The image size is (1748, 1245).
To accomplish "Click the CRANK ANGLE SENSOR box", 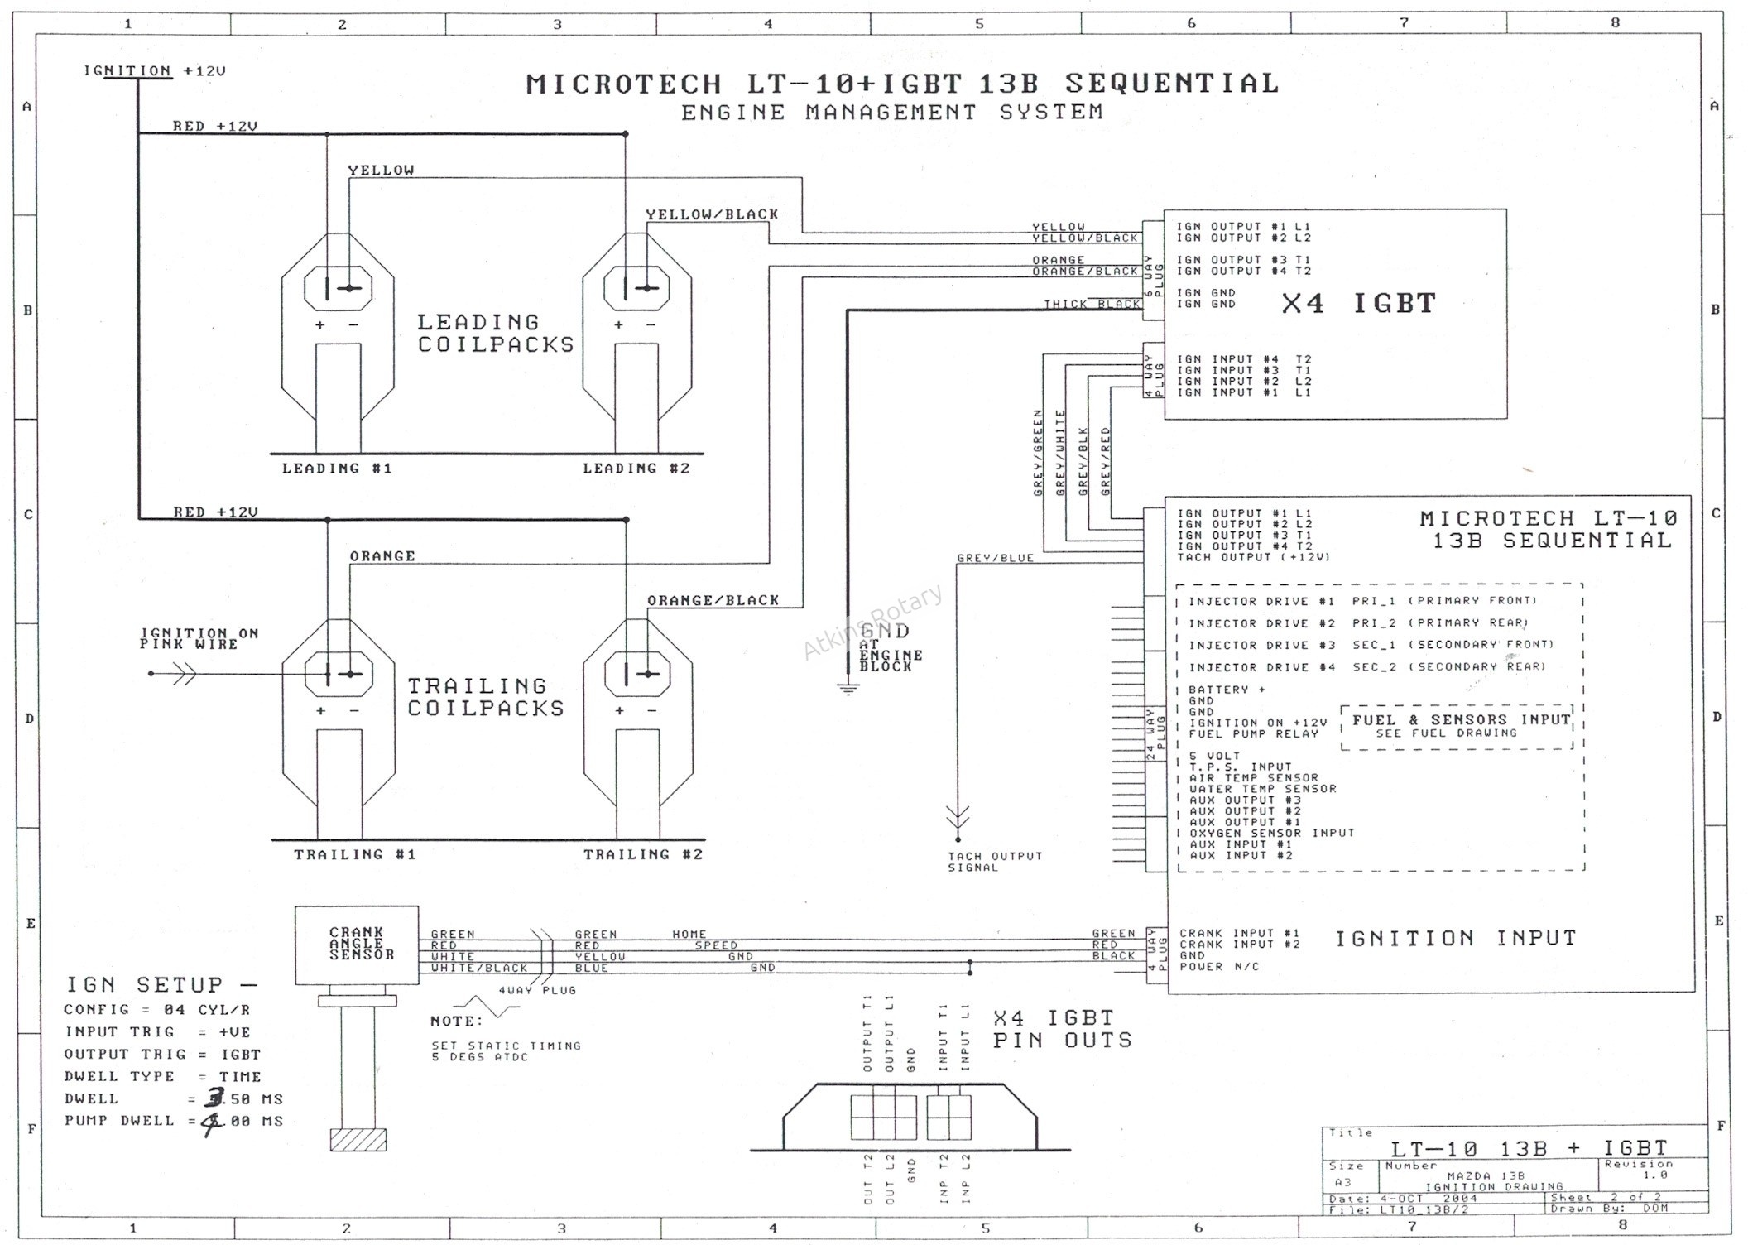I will tap(357, 945).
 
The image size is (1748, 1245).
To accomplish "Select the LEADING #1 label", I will tap(337, 469).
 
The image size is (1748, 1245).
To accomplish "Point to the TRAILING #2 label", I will tap(643, 854).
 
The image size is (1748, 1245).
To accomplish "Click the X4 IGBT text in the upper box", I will tap(1358, 304).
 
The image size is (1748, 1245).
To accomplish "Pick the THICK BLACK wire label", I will tap(1092, 305).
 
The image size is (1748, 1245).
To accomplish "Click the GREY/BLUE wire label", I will tap(995, 559).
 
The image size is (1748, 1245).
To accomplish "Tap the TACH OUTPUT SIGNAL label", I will tap(995, 862).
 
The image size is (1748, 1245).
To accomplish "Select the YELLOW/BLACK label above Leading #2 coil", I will tap(712, 214).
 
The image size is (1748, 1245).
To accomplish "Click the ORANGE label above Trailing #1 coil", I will tap(382, 556).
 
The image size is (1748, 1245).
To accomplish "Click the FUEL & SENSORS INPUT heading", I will tap(1461, 720).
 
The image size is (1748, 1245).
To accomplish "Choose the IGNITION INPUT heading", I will tap(1456, 938).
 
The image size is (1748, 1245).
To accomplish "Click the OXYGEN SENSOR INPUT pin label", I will tap(1271, 834).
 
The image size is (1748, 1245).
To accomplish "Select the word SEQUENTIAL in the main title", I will tap(1171, 84).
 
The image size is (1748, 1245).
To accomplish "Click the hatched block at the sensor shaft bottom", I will tap(358, 1140).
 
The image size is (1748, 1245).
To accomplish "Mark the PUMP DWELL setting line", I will tap(174, 1122).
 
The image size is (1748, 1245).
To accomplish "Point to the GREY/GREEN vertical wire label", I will tap(1038, 453).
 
